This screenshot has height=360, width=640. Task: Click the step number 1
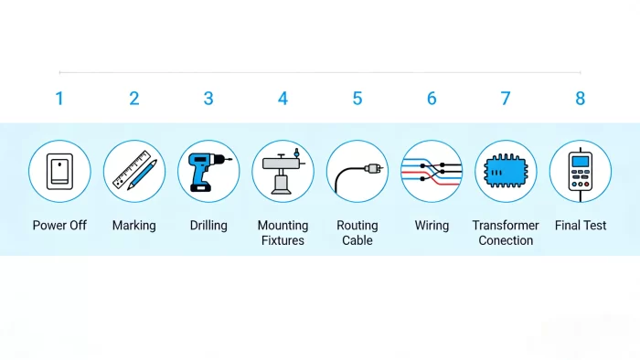(x=59, y=99)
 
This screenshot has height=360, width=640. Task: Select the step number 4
(x=283, y=99)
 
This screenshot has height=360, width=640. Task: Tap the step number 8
(x=580, y=99)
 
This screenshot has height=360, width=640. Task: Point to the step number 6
(x=432, y=99)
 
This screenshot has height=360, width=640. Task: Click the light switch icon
(x=59, y=171)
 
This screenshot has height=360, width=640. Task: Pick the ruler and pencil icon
(x=134, y=171)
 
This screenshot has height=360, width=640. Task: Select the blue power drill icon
(x=208, y=171)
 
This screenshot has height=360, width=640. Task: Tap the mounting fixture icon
(x=283, y=171)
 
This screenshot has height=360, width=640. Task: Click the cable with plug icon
(x=357, y=171)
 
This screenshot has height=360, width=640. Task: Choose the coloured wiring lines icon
(x=432, y=171)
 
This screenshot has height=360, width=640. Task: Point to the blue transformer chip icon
(x=506, y=171)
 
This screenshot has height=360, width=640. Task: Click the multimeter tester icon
(x=580, y=171)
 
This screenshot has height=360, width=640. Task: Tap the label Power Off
(x=59, y=226)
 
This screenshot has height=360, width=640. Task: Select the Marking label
(x=134, y=226)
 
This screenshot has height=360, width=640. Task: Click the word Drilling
(x=208, y=226)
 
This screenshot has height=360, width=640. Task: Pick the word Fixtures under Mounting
(x=283, y=240)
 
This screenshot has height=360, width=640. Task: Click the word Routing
(x=357, y=226)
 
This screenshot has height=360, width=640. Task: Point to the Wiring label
(x=432, y=226)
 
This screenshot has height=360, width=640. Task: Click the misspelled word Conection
(x=506, y=240)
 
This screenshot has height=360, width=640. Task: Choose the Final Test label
(x=580, y=226)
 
